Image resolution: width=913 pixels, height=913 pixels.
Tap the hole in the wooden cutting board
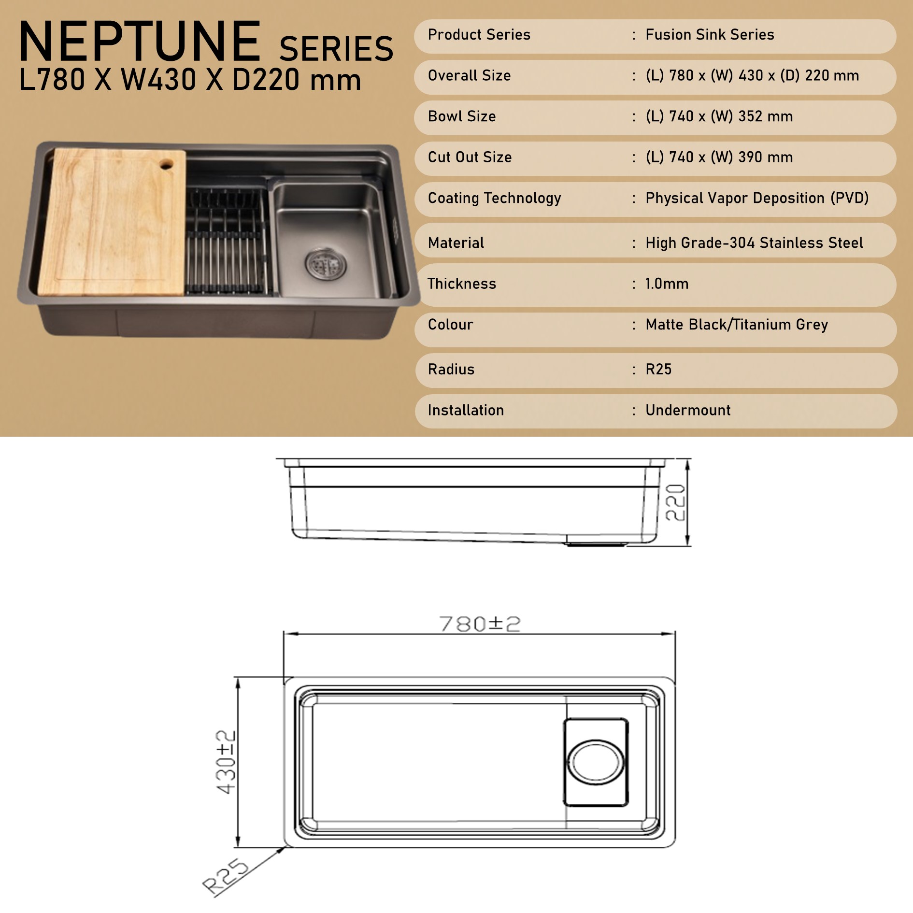click(166, 165)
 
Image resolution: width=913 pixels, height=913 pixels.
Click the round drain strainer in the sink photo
click(326, 264)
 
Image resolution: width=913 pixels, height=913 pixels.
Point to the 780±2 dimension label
click(480, 624)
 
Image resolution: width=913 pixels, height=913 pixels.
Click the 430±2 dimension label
click(226, 762)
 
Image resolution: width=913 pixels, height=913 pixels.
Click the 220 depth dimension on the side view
click(675, 502)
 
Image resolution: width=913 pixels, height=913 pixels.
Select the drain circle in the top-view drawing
click(596, 762)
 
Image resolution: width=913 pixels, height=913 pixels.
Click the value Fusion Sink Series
click(710, 35)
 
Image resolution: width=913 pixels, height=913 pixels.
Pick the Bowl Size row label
click(461, 116)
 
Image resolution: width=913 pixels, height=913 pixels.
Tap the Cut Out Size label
click(470, 157)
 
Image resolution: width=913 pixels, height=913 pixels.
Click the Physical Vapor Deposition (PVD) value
click(757, 198)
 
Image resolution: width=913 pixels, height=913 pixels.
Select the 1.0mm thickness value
click(667, 284)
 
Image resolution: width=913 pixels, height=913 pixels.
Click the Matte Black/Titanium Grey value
click(737, 325)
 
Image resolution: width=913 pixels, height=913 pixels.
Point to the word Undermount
click(688, 411)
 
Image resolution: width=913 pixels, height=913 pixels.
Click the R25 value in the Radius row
click(658, 370)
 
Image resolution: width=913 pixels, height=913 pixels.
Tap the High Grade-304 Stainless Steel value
click(754, 243)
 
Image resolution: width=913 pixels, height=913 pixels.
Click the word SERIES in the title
click(336, 49)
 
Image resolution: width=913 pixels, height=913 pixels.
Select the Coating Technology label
click(494, 198)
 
